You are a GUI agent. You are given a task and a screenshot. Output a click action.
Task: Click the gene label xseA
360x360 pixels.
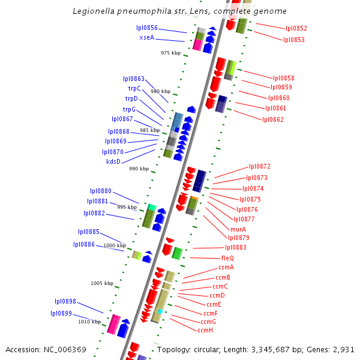point(147,37)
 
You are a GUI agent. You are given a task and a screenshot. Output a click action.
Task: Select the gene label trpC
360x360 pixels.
point(134,88)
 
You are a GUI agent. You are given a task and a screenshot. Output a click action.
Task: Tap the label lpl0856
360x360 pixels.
point(147,28)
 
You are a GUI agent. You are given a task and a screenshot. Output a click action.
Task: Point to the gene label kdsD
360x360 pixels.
point(113,161)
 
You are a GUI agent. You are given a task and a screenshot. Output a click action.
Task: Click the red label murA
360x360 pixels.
point(238,229)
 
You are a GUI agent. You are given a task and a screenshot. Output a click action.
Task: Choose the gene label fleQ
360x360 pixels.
point(227,257)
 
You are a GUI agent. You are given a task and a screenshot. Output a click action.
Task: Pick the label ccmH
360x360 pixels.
point(205,330)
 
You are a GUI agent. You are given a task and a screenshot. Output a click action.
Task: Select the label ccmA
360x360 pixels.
point(226,267)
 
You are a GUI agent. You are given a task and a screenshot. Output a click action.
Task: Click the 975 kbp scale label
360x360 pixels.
point(170,53)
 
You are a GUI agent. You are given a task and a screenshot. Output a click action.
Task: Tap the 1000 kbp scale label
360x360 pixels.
point(115,245)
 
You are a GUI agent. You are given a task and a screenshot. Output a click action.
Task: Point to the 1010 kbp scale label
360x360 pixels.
point(89,322)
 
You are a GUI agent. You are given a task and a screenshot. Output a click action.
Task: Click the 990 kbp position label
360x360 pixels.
point(139,169)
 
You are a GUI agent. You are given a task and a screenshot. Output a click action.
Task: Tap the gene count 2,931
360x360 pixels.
point(343,349)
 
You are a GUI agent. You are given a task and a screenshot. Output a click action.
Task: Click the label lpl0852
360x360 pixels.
point(296,28)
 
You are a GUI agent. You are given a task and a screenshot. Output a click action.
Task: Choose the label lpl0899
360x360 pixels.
point(61,313)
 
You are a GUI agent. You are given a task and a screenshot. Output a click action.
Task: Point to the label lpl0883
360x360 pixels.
point(236,247)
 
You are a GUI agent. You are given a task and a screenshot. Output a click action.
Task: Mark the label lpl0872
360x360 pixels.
point(260,166)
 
